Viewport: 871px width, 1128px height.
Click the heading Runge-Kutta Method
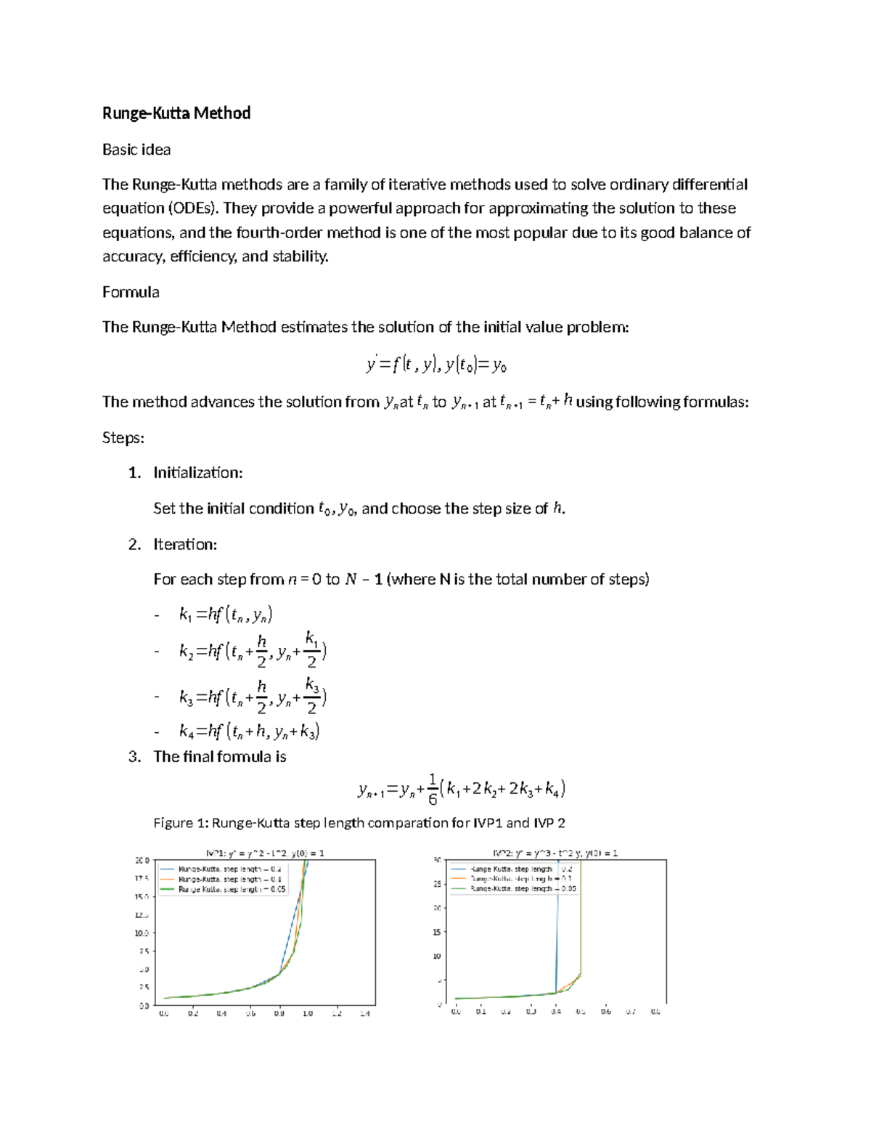176,113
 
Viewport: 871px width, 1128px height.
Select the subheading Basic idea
136,150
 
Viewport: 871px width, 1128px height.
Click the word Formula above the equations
131,292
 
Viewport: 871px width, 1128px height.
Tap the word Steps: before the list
123,438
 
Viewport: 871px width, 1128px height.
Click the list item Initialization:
197,473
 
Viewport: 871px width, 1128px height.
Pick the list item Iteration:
185,545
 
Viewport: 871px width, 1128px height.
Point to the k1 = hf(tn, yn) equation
226,614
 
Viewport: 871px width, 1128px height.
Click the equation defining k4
249,731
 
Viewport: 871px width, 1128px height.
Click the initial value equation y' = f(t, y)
436,365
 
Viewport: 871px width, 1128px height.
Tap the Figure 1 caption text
359,823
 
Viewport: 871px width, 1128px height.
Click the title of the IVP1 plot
265,853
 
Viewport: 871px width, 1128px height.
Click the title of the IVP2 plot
555,853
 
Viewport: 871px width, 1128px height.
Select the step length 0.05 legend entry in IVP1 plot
232,889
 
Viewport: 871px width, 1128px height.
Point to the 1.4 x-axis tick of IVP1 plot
364,1014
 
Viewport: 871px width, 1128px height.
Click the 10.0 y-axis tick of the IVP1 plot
142,933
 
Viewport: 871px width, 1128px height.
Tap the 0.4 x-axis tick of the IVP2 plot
556,1012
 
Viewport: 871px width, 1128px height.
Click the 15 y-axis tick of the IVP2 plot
437,932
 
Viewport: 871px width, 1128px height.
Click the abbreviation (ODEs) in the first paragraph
193,208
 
